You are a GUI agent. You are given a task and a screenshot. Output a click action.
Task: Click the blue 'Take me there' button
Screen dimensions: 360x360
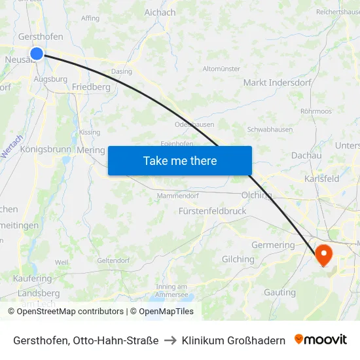[180, 160]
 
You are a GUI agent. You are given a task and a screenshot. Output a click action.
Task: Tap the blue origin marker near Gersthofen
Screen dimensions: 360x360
[37, 54]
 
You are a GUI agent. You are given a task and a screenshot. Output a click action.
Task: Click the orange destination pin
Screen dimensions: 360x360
[323, 254]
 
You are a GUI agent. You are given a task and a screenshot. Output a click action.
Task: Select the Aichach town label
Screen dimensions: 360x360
[160, 12]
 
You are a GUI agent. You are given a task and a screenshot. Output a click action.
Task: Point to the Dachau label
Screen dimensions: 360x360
[306, 156]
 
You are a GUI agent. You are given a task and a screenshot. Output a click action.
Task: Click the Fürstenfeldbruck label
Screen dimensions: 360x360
[212, 211]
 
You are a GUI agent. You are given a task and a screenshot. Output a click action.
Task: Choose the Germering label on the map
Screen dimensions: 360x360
[273, 245]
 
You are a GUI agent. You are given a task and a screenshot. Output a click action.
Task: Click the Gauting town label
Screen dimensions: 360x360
[279, 292]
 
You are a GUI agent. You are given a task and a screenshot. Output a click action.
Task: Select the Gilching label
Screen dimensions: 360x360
[238, 259]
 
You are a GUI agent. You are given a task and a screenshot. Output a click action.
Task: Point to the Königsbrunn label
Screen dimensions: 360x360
[45, 149]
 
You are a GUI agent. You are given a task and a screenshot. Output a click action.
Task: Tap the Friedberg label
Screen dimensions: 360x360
[91, 86]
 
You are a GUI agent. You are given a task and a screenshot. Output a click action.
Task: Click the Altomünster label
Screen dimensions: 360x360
[221, 69]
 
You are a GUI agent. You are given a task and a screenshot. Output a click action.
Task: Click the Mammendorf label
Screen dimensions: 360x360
[177, 195]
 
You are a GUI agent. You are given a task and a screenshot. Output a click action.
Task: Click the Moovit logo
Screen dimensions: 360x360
[321, 340]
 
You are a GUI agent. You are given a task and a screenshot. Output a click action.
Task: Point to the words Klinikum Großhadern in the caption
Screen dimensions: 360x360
[234, 340]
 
